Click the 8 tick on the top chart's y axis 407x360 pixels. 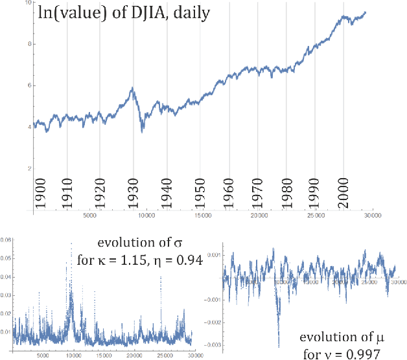point(27,44)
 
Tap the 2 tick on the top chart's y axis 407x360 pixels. point(27,168)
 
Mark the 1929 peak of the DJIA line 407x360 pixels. point(132,88)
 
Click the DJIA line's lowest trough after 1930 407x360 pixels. point(142,131)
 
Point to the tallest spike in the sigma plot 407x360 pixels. point(71,244)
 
